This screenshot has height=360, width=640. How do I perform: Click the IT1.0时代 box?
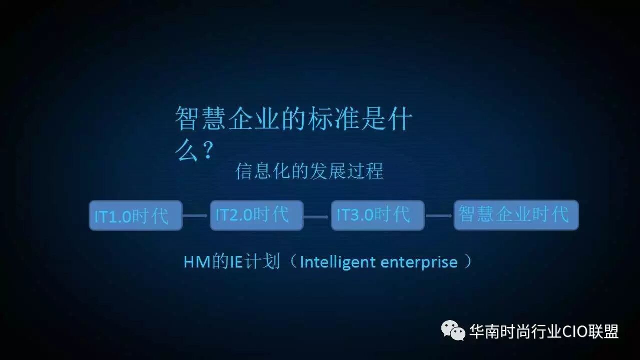coord(136,215)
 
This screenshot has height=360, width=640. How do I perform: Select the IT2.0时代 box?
coord(257,215)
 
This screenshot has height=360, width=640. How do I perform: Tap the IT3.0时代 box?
coord(378,215)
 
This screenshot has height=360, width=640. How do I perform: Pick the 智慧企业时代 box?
coord(516,215)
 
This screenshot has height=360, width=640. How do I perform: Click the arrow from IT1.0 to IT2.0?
coord(195,215)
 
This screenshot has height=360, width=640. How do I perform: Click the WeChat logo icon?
coord(453,330)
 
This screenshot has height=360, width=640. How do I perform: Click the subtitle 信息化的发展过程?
coord(309,171)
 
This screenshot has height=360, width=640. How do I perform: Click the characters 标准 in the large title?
coord(333,118)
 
